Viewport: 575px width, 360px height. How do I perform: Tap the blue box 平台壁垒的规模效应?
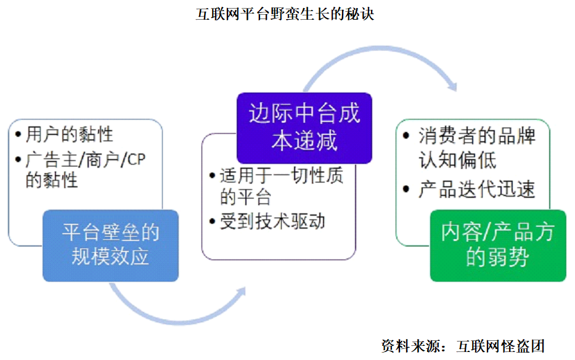(111, 245)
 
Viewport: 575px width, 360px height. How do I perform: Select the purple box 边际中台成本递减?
(304, 128)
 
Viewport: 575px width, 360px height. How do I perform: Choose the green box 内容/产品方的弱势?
(497, 245)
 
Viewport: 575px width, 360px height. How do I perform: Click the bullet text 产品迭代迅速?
(476, 190)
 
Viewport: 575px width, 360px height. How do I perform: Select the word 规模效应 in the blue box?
(111, 256)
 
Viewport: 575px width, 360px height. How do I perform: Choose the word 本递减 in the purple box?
(304, 141)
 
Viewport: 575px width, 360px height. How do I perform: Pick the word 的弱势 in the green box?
(497, 256)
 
